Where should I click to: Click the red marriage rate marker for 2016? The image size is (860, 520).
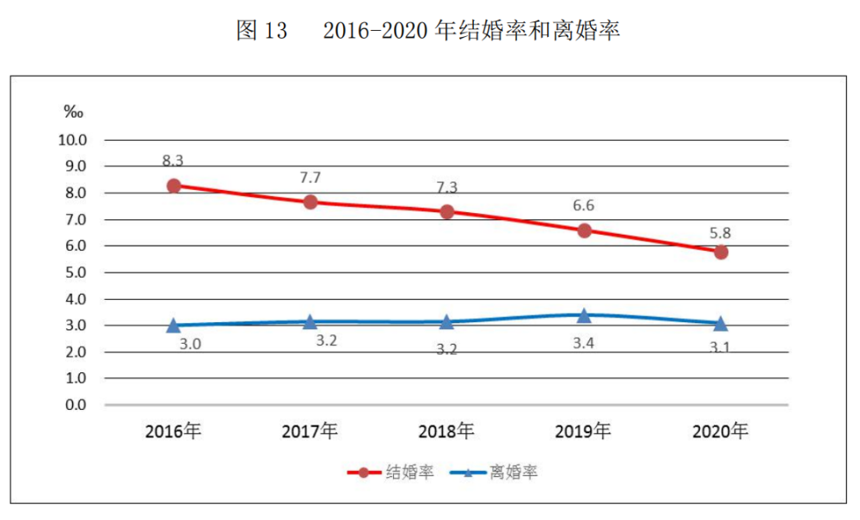[x=174, y=186]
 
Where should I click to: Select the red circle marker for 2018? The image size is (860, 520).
[x=447, y=211]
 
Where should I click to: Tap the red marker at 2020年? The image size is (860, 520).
[x=721, y=252]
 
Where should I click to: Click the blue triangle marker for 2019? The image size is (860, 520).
[x=584, y=315]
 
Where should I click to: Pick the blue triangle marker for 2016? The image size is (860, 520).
[x=174, y=326]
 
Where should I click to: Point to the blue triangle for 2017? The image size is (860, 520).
[x=310, y=321]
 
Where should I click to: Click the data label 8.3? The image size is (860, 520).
[x=173, y=161]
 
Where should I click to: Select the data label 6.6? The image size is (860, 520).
[x=584, y=205]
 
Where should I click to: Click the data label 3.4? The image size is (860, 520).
[x=584, y=343]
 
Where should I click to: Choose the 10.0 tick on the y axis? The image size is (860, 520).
[x=71, y=139]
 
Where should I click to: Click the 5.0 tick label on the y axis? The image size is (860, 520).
[x=74, y=272]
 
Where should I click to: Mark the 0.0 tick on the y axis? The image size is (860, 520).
[x=74, y=405]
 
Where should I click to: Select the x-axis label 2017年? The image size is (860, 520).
[x=310, y=431]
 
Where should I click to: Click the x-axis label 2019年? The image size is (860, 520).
[x=583, y=431]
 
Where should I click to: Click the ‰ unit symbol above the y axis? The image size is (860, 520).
[x=73, y=112]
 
